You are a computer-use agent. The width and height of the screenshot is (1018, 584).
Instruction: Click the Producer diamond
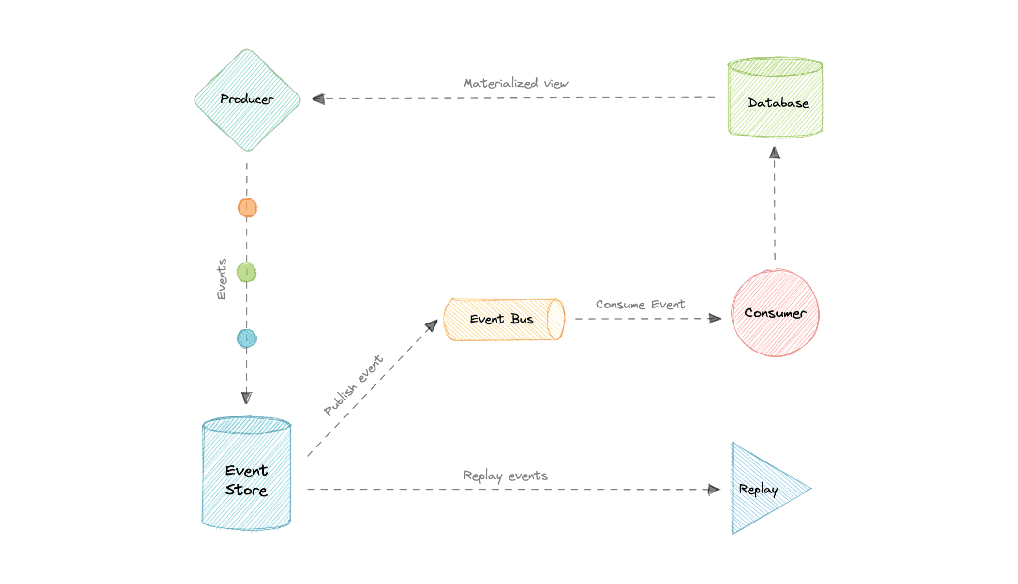[247, 100]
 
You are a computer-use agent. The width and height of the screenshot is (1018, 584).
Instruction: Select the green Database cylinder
[776, 99]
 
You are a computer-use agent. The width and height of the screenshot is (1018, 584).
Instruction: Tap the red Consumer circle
[775, 313]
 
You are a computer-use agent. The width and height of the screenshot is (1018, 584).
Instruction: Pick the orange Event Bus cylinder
[503, 320]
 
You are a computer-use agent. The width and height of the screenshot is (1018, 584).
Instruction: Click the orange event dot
[247, 208]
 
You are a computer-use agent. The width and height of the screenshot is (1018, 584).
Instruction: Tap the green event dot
[247, 273]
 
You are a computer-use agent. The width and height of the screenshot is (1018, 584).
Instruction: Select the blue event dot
[247, 338]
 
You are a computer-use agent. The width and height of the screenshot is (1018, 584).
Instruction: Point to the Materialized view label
[516, 84]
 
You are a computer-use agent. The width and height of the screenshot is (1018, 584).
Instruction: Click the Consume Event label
[640, 305]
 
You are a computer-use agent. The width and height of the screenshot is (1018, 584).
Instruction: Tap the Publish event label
[353, 385]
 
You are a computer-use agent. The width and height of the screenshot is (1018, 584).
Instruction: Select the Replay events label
[505, 476]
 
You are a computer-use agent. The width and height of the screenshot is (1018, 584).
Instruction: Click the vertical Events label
[222, 279]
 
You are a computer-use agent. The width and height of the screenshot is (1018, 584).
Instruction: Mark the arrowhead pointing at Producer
[319, 99]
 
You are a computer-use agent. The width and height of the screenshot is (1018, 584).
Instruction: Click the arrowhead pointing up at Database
[775, 153]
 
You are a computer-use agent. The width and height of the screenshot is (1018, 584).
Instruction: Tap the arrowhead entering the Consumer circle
[715, 319]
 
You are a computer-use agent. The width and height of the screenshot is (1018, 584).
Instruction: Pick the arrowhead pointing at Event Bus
[431, 326]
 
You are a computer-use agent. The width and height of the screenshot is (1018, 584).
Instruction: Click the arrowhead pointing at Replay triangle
[714, 490]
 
